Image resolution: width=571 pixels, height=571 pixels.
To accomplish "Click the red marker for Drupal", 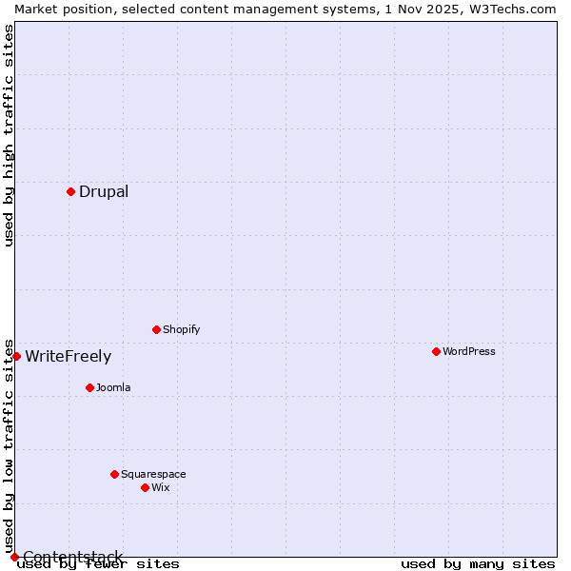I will [x=70, y=191].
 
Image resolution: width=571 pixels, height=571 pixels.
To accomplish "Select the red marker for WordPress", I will [x=436, y=351].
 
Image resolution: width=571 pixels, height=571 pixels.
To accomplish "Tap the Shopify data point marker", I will [x=156, y=329].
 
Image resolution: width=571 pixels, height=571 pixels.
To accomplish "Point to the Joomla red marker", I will [x=89, y=387].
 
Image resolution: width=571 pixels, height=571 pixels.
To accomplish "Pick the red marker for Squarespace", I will [x=114, y=474].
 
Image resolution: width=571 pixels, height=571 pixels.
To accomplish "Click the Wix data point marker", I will [x=145, y=487].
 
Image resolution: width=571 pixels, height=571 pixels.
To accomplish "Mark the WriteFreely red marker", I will [x=16, y=356].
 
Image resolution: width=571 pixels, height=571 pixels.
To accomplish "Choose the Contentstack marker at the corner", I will [x=14, y=557].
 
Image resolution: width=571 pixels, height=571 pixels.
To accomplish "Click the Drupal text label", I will [x=104, y=191].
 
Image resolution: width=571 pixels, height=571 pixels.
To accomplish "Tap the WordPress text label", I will [x=469, y=351].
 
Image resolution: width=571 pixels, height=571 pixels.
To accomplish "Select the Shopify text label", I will [x=182, y=329].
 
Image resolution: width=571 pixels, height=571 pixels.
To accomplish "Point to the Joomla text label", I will [x=113, y=387].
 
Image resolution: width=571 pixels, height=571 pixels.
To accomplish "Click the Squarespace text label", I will [x=153, y=474].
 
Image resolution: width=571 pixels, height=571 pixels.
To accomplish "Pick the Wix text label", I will [x=161, y=487].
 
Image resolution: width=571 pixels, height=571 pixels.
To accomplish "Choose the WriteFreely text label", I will [x=68, y=357].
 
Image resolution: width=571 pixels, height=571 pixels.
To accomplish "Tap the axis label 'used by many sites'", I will [x=478, y=563].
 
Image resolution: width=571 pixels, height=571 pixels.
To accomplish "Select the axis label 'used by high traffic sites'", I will [x=9, y=135].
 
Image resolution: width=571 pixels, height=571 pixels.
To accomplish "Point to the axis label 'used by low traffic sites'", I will [x=9, y=445].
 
